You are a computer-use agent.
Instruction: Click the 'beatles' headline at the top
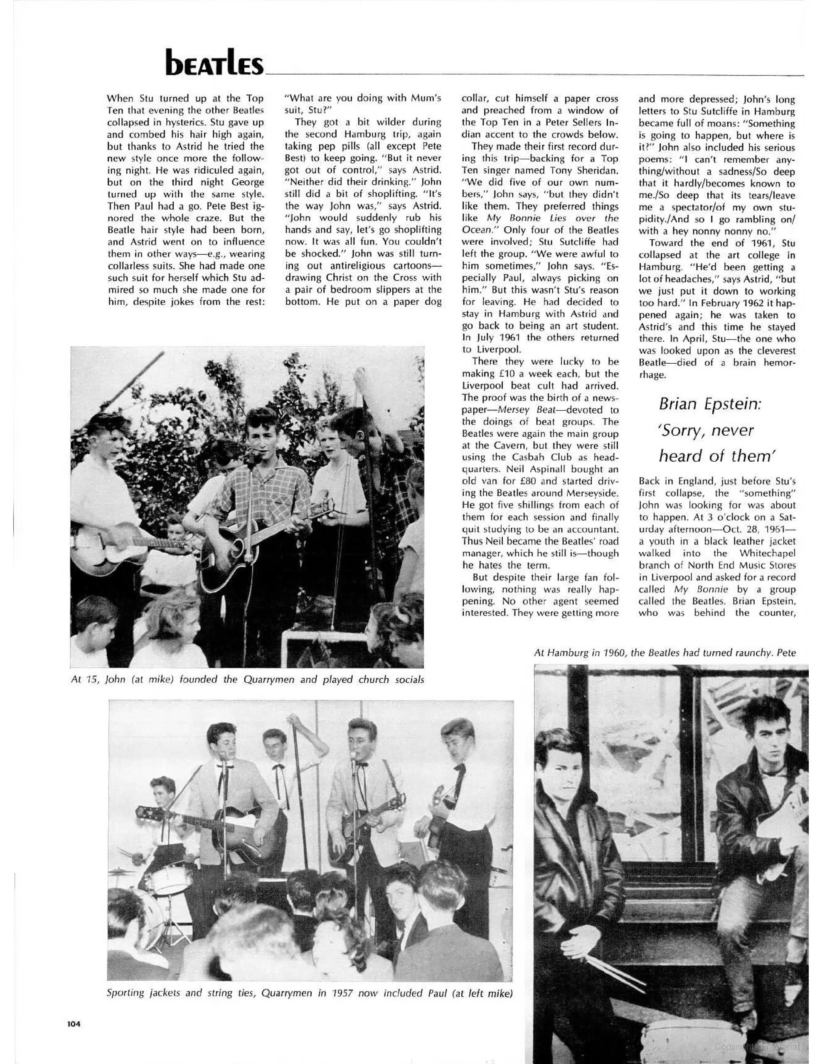point(214,62)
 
